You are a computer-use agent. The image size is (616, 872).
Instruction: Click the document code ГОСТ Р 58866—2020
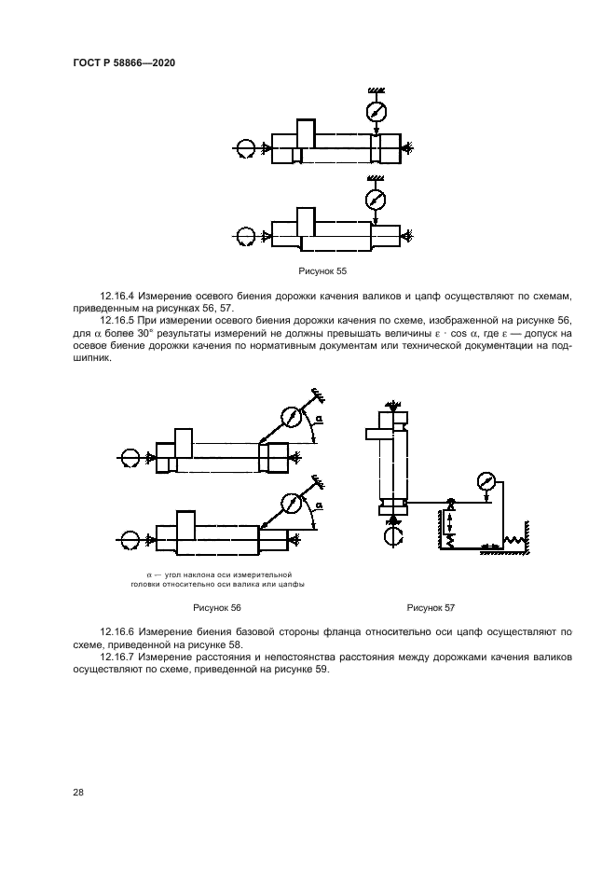point(124,62)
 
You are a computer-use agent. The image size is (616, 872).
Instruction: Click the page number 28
point(78,792)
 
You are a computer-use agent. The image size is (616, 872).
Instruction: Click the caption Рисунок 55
point(321,270)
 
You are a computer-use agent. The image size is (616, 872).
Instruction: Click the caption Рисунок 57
point(431,607)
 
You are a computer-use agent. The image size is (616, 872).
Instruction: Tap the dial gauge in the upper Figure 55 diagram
point(376,111)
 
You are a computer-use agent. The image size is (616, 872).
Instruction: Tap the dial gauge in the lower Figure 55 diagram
point(375,200)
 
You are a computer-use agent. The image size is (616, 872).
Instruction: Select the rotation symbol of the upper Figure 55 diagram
point(246,148)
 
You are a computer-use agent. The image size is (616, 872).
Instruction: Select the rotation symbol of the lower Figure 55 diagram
point(246,237)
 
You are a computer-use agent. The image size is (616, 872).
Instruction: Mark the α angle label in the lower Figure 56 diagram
point(319,506)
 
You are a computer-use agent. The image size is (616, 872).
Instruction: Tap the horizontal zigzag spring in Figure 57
point(514,541)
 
